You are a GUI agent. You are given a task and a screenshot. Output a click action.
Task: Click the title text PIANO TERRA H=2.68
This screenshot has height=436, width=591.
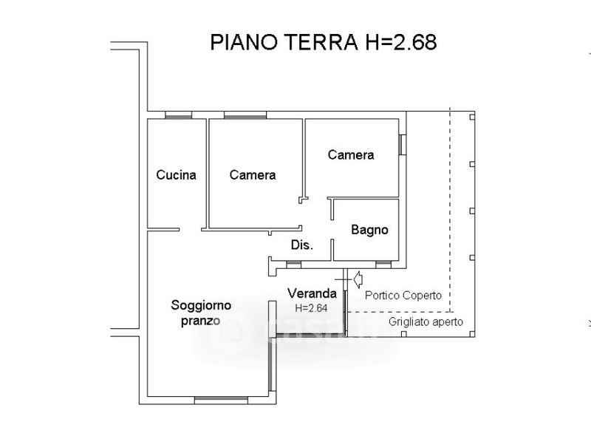pos(324,42)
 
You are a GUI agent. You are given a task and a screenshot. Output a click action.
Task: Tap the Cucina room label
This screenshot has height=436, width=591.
pos(176,175)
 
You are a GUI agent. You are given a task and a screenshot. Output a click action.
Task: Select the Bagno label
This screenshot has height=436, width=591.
pos(369,230)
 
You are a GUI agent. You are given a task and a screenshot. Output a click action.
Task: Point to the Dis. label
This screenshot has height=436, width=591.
pos(302,245)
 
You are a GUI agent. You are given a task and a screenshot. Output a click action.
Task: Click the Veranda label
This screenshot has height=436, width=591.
pos(312,293)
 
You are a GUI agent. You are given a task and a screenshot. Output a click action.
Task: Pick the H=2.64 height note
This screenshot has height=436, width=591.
pos(311,308)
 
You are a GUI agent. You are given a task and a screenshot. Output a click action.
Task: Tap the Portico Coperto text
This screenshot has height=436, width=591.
pos(403,296)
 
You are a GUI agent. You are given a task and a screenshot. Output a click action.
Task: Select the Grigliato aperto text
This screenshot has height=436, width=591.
pos(426,322)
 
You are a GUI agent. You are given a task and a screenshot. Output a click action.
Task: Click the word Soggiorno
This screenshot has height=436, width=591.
pos(201,305)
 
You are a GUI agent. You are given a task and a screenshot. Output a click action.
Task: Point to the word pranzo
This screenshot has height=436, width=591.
pos(200,321)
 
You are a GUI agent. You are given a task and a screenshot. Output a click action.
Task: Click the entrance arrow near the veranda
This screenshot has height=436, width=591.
pos(358,279)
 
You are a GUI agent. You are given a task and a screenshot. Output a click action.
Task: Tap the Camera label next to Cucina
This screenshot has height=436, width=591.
pos(253,175)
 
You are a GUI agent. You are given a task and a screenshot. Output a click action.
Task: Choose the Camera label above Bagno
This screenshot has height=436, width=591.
pos(351,155)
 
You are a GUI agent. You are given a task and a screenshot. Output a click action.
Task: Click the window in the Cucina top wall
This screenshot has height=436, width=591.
pos(178,115)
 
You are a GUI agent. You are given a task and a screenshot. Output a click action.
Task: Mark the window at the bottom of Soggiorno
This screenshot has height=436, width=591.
pos(221,401)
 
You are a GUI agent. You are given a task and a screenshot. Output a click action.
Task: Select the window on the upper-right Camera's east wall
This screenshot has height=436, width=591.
pos(403,144)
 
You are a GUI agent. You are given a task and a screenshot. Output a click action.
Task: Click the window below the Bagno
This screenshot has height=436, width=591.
pos(383,265)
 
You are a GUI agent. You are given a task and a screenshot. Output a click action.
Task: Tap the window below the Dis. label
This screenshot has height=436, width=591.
pos(293,265)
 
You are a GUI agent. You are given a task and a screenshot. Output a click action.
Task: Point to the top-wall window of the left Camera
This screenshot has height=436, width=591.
pos(245,115)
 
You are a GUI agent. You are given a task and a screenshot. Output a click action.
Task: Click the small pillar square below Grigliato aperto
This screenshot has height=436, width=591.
pos(403,334)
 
